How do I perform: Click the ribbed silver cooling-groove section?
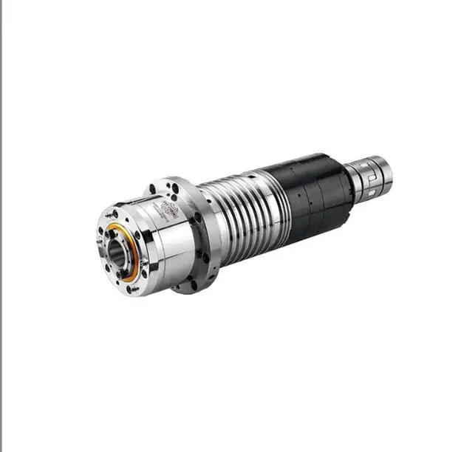tap(236, 214)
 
